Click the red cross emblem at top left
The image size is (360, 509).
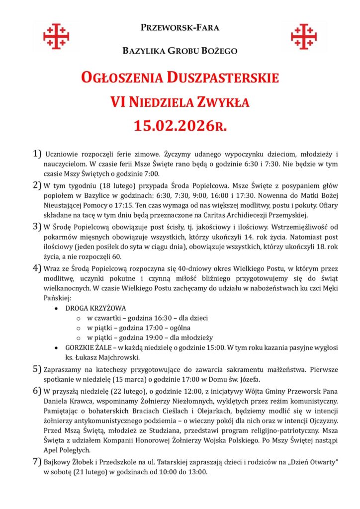coord(56,36)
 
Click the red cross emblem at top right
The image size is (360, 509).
coord(304,36)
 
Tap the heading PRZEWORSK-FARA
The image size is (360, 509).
coord(180,28)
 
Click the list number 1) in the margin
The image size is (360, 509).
coord(37,154)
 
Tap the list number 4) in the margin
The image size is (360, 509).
coord(37,269)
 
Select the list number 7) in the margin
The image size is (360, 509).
coord(37,462)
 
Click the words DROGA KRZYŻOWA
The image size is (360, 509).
coord(95,308)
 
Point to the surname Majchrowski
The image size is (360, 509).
coord(120,357)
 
